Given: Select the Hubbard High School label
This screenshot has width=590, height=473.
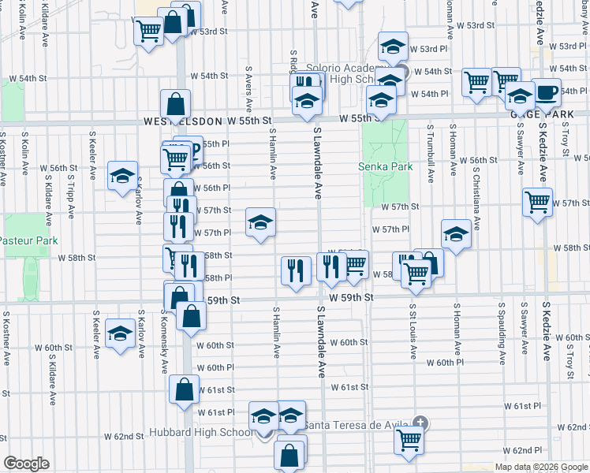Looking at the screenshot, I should click(201, 433).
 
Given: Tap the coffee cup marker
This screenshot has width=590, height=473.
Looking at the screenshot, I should click(546, 93).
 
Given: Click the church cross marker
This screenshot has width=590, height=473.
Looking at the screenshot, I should click(421, 424).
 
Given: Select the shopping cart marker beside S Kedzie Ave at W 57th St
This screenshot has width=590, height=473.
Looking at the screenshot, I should click(537, 201).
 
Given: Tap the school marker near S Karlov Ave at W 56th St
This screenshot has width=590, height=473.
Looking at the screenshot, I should click(122, 177).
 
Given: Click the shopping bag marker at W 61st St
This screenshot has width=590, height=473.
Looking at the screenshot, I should click(184, 389).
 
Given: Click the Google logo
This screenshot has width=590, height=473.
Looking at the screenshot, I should click(26, 464).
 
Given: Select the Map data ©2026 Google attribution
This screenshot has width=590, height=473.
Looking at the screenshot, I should click(540, 467).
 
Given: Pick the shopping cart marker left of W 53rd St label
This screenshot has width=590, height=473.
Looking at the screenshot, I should click(148, 32).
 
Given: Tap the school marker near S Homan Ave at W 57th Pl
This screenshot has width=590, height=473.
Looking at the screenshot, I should click(456, 233).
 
